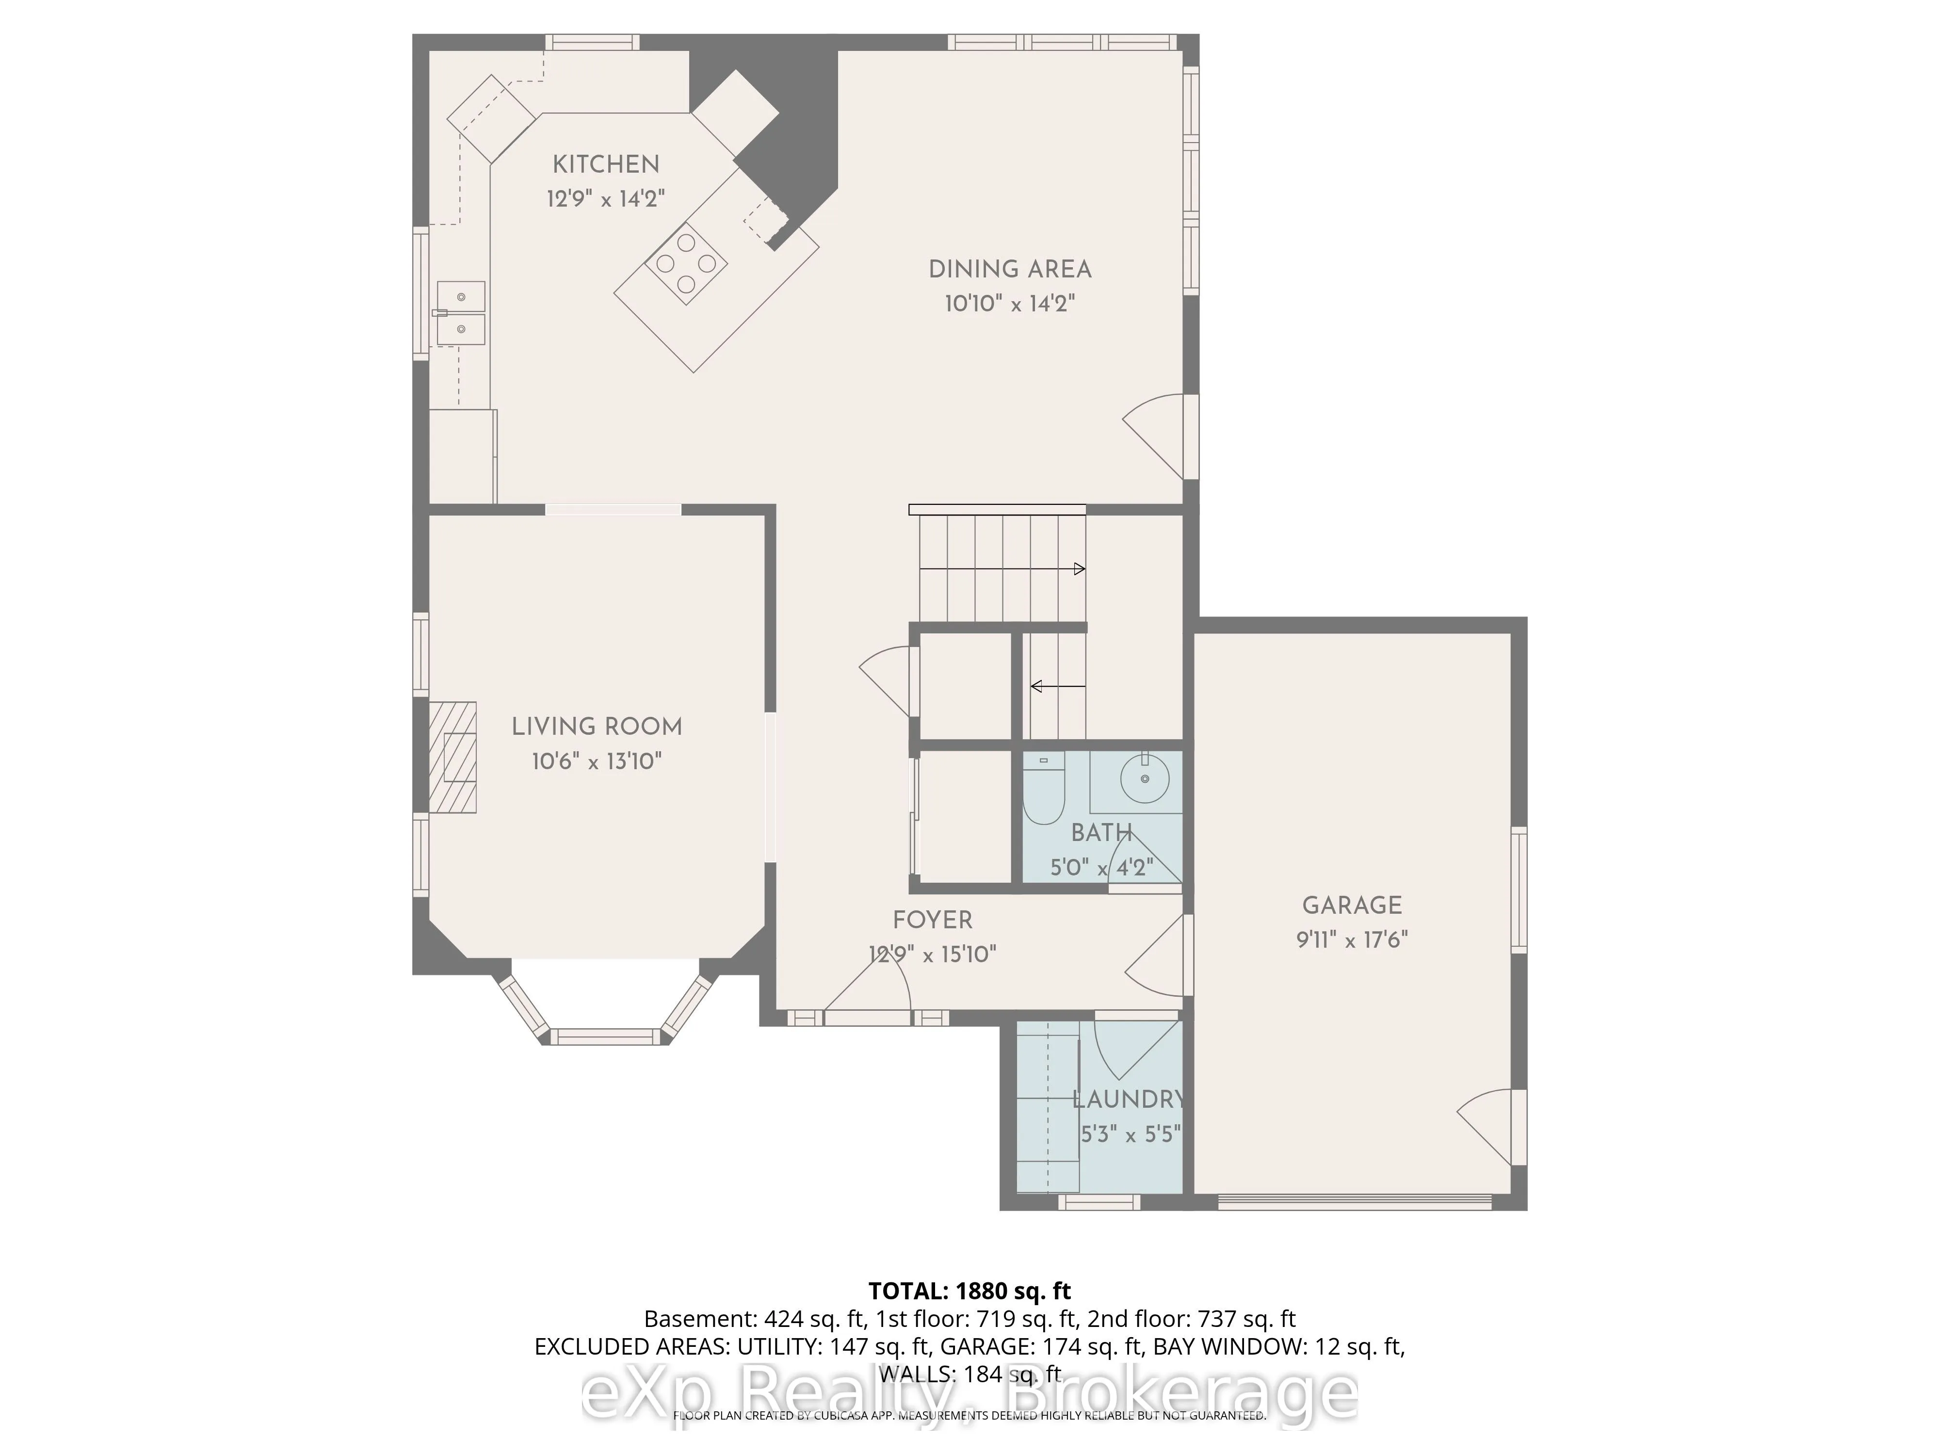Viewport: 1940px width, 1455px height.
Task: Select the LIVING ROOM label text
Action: [597, 726]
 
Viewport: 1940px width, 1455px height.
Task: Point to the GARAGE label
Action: [1352, 905]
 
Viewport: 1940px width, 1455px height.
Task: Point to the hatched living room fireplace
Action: [453, 757]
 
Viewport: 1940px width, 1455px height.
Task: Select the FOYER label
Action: [932, 920]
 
